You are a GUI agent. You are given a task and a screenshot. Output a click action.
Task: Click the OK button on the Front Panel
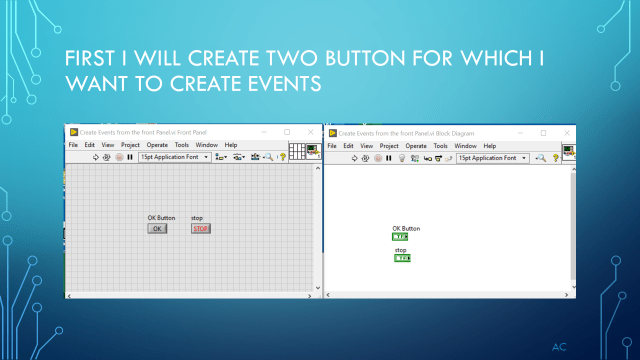[157, 228]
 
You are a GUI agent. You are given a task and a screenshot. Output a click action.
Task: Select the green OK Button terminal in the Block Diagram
[400, 237]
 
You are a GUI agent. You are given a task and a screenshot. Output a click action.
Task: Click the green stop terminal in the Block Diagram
[401, 258]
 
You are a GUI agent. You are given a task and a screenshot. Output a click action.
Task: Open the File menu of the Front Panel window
[73, 145]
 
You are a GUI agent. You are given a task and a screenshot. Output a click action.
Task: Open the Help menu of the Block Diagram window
[489, 146]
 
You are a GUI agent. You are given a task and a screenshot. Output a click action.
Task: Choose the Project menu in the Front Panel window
[130, 145]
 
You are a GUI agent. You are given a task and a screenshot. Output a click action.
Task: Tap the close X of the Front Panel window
[308, 132]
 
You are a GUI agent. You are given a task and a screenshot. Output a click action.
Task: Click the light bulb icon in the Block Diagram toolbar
[401, 158]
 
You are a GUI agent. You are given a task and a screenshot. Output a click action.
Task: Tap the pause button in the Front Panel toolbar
[130, 157]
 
